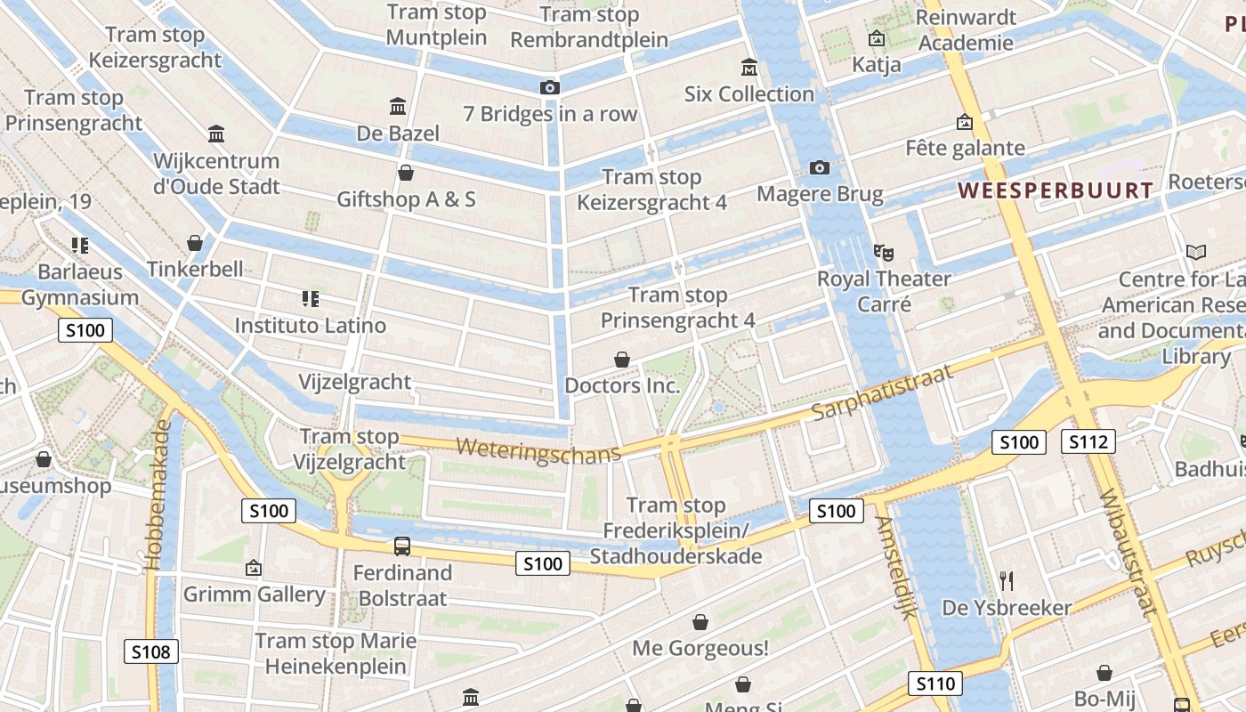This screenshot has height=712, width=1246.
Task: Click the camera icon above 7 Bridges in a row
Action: click(550, 87)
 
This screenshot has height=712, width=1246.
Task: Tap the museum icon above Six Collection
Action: click(748, 68)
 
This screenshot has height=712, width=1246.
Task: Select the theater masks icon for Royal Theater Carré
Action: click(883, 252)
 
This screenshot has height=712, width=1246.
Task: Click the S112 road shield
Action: click(1088, 441)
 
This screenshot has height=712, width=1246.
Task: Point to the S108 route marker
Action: click(150, 651)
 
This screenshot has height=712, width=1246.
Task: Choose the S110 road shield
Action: click(935, 684)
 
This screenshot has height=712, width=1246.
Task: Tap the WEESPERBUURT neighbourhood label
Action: click(1056, 190)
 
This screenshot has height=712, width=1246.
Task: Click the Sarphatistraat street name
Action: click(882, 392)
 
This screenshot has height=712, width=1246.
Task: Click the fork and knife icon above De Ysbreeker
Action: click(1007, 581)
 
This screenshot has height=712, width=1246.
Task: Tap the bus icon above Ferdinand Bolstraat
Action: click(402, 546)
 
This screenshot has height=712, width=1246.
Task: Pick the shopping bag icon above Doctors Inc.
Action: click(622, 360)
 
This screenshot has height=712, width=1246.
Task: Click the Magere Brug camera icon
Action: click(820, 167)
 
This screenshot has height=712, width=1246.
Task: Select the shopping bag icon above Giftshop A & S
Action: click(406, 173)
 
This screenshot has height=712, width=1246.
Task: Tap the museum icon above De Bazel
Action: click(398, 107)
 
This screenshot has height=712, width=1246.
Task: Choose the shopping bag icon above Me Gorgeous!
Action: click(700, 622)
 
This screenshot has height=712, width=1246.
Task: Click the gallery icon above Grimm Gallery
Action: click(254, 567)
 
